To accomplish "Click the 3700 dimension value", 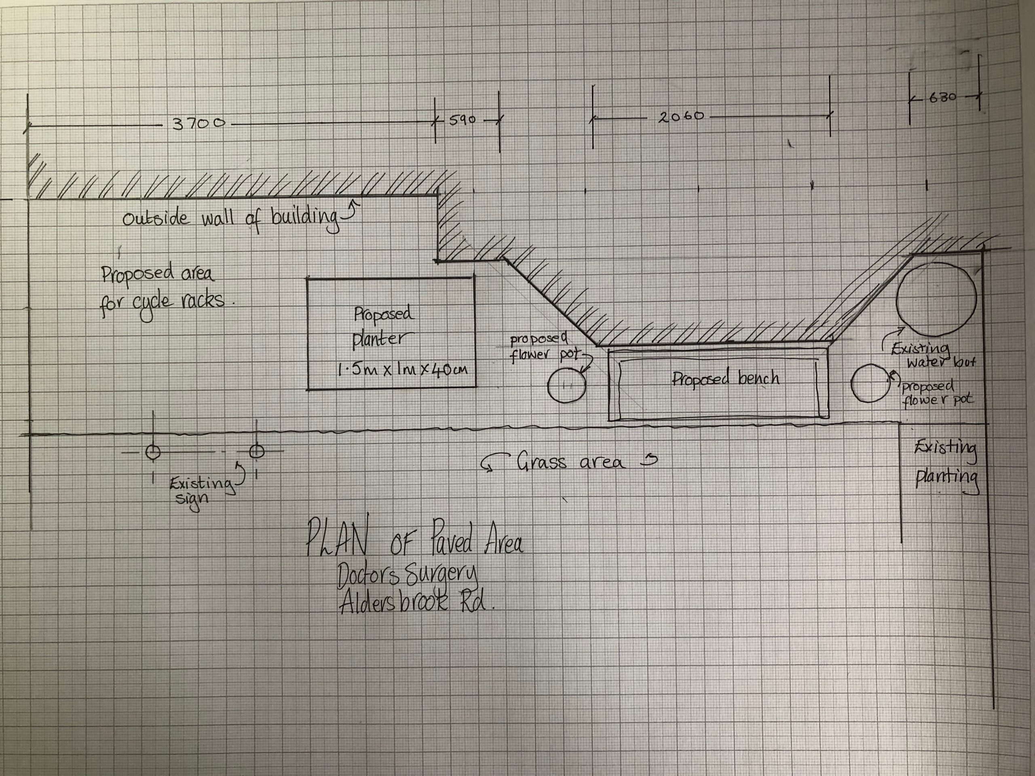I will (199, 124).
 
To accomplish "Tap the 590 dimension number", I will (462, 120).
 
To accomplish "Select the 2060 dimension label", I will (681, 116).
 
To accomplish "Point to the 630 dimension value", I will (942, 98).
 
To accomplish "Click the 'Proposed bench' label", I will (726, 378).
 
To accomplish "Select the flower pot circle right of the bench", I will (870, 383).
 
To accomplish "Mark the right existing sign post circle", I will (256, 451).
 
